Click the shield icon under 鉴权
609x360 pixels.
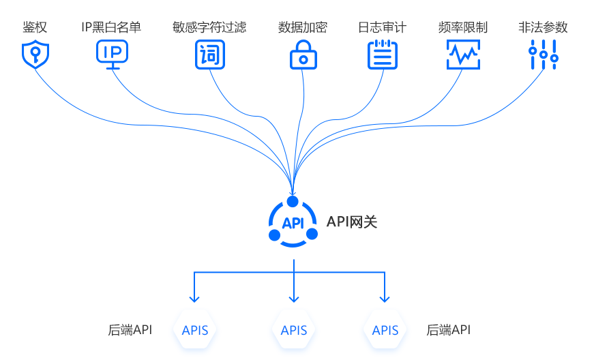[35, 55]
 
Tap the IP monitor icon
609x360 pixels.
[112, 55]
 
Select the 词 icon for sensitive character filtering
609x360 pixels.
[209, 55]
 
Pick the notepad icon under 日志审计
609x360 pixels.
[382, 55]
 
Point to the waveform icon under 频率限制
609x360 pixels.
[463, 55]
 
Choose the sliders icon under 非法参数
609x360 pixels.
[544, 55]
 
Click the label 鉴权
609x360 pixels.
[35, 28]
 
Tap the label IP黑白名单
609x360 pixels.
[112, 28]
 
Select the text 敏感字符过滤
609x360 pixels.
[209, 28]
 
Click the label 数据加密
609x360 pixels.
[303, 28]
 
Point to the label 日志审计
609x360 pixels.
[382, 28]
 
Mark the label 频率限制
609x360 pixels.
[463, 28]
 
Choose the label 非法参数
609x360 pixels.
[543, 28]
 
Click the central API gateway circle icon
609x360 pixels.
[293, 222]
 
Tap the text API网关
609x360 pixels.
[352, 222]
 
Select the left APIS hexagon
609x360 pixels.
[194, 331]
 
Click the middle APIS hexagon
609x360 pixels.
[294, 331]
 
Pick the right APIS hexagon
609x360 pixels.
[385, 331]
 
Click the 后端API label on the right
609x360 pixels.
[449, 331]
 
